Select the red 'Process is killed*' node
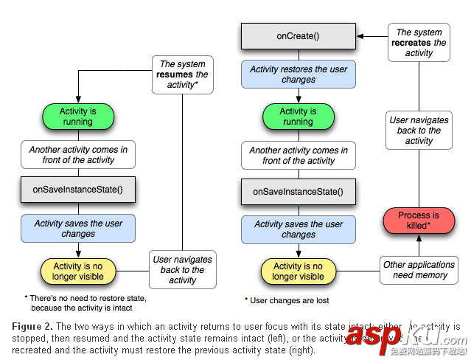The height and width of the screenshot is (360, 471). coord(418,221)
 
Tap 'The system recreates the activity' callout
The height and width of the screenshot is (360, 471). coord(419,42)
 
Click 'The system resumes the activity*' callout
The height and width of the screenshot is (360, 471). coord(183,75)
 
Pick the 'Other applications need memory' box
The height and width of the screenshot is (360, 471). coord(419,270)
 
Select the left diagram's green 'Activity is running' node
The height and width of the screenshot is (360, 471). coord(78,117)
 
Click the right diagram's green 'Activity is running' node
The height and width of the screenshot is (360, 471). coord(299,117)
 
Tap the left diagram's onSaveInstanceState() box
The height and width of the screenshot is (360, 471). coord(78,190)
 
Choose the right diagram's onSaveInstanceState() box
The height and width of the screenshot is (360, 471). coord(299,191)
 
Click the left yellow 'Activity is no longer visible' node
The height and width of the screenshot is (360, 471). coord(78,271)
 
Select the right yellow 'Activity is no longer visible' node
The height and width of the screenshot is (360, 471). coord(299,271)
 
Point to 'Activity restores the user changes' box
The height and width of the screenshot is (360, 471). coord(299,75)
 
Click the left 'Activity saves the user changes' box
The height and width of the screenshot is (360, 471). coord(78,229)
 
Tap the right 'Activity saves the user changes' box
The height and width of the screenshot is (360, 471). coord(299,229)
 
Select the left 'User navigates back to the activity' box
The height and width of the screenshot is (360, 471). coord(183,270)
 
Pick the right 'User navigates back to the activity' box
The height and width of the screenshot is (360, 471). coord(419,131)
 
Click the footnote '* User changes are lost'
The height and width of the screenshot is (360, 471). coord(287,300)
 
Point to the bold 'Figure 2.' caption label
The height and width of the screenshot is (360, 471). coord(33,326)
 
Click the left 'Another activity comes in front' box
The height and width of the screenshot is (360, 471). coord(78,154)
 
